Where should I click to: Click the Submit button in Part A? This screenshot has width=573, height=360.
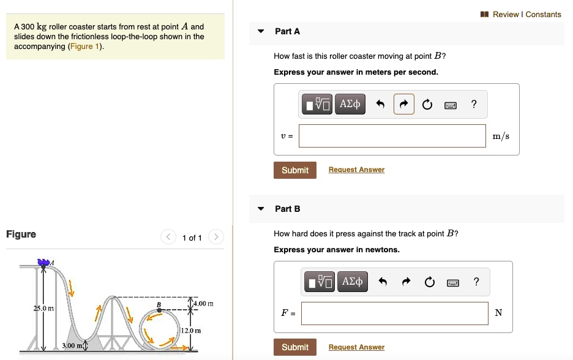tap(294, 170)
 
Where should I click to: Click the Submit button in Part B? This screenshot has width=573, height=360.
tap(294, 347)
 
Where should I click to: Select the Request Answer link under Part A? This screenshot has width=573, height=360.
tap(356, 170)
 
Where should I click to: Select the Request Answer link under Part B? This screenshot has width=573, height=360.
tap(356, 347)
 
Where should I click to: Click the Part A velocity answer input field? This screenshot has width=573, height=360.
tap(392, 136)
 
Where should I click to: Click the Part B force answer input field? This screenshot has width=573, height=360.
tap(394, 313)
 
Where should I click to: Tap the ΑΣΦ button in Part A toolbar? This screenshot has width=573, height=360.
tap(350, 105)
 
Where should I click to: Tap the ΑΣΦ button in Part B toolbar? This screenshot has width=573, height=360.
tap(353, 282)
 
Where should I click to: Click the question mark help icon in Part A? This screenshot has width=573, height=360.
tap(474, 105)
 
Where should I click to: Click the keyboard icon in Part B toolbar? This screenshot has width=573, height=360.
tap(452, 282)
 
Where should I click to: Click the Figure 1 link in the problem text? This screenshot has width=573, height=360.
tap(85, 47)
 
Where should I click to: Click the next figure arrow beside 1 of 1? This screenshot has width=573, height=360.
tap(216, 238)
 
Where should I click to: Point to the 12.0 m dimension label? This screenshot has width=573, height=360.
tap(190, 331)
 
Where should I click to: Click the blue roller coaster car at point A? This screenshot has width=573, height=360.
tap(43, 263)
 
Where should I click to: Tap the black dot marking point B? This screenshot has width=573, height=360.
tap(159, 310)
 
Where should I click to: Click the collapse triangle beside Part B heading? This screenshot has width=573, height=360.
tap(261, 209)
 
